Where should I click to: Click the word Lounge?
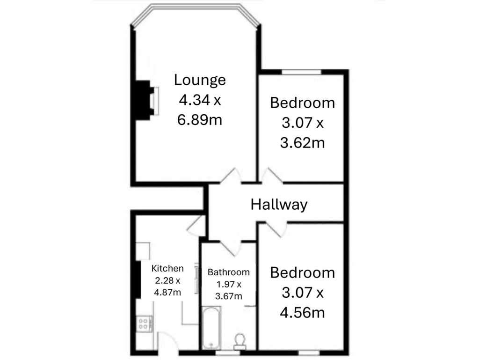click(x=200, y=80)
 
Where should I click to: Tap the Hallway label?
click(x=279, y=205)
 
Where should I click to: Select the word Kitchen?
click(x=167, y=268)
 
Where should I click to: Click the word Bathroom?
click(x=229, y=272)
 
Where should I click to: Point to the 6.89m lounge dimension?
click(x=199, y=120)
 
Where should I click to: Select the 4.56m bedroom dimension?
click(x=302, y=312)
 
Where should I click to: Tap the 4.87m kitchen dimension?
click(x=167, y=293)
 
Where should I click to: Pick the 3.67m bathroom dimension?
click(x=229, y=296)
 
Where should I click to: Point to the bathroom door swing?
click(x=230, y=246)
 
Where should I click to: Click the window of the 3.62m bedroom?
click(x=301, y=72)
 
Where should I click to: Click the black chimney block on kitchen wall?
click(x=137, y=279)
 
